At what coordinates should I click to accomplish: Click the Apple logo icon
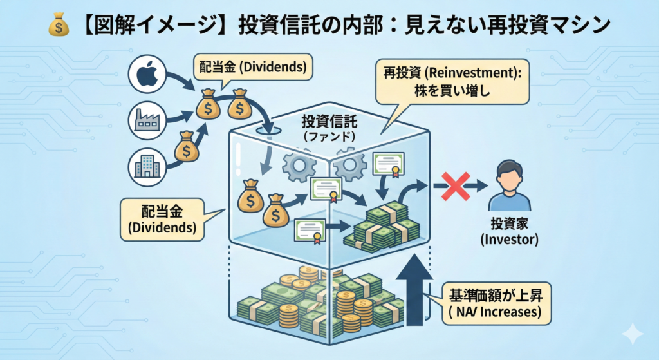click(x=147, y=75)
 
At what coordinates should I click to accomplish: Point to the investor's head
click(x=508, y=172)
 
